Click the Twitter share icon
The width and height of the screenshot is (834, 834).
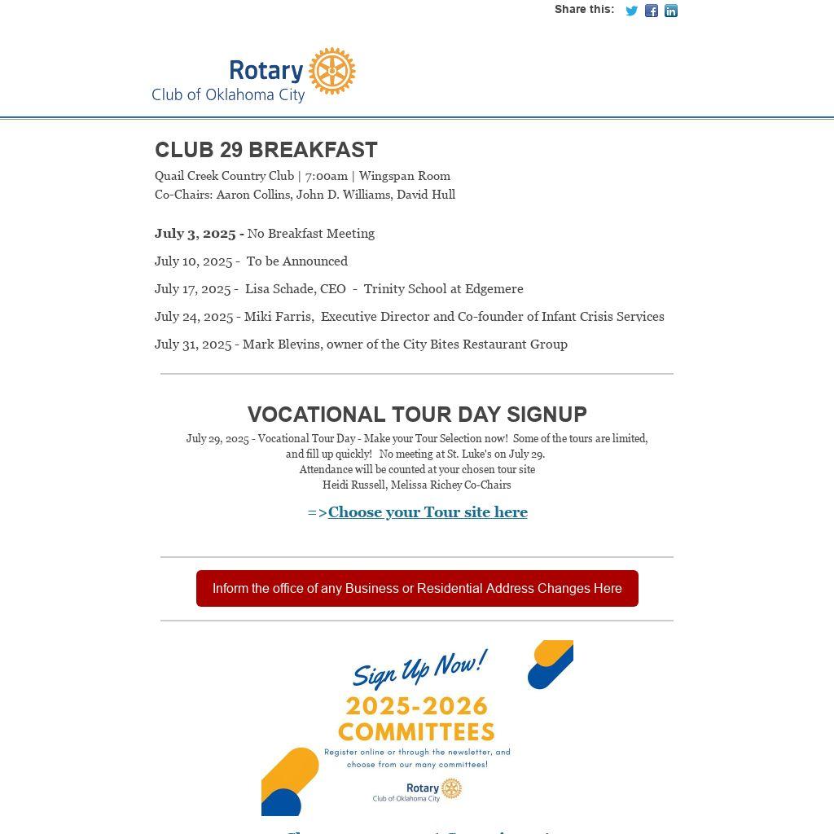pyautogui.click(x=631, y=11)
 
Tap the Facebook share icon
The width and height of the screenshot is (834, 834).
pyautogui.click(x=652, y=11)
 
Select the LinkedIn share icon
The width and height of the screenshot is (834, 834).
pyautogui.click(x=671, y=11)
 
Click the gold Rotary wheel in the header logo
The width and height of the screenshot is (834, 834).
pyautogui.click(x=332, y=71)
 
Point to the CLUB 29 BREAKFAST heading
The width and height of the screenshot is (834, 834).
pyautogui.click(x=266, y=150)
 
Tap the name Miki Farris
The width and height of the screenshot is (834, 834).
pyautogui.click(x=279, y=317)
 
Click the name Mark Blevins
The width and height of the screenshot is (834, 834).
pyautogui.click(x=281, y=345)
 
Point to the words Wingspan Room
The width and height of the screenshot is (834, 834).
pyautogui.click(x=404, y=176)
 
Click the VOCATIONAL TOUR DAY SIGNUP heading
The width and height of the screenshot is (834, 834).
pyautogui.click(x=417, y=415)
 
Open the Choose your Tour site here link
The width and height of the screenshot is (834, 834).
pyautogui.click(x=428, y=512)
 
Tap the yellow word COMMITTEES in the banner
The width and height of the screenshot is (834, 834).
pyautogui.click(x=416, y=731)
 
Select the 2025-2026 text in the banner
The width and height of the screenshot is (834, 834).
pyautogui.click(x=416, y=705)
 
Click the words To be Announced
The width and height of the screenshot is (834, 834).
pyautogui.click(x=297, y=261)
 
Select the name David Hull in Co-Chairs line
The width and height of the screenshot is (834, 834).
pyautogui.click(x=426, y=195)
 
